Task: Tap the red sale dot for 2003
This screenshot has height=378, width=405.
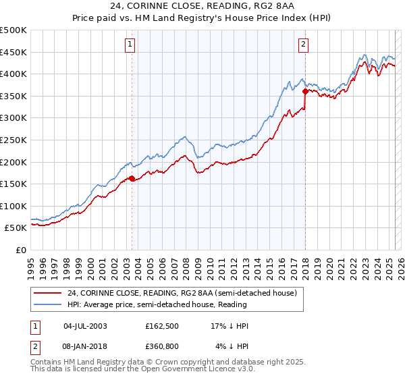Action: pos(132,179)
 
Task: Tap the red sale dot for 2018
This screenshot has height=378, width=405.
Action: pos(305,91)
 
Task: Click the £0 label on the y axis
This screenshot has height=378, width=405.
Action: pos(20,250)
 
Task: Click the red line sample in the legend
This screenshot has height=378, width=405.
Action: pos(47,293)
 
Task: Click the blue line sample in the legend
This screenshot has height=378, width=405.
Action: pos(47,305)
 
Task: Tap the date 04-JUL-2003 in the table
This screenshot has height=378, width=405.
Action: pos(85,326)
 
